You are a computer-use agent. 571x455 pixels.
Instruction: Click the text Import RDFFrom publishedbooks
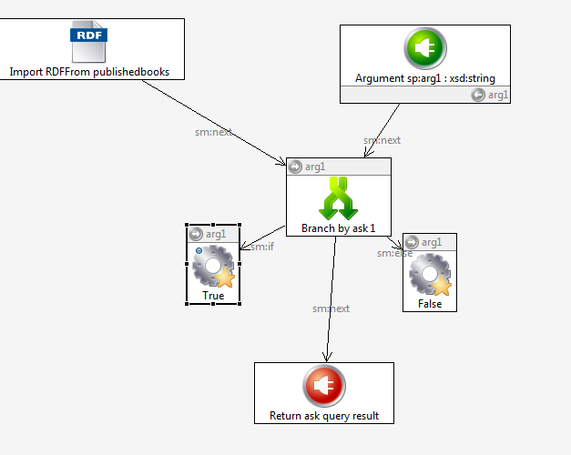click(89, 71)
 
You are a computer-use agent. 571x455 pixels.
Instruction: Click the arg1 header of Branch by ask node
click(314, 167)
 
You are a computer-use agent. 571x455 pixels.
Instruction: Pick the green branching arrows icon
click(339, 197)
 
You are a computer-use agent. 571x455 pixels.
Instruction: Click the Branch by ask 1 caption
click(339, 228)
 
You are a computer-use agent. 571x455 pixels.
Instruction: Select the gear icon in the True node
click(213, 268)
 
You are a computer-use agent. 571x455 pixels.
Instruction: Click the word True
click(213, 296)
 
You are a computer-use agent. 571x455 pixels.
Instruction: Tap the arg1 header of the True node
click(215, 234)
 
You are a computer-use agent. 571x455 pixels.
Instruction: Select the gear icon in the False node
click(429, 275)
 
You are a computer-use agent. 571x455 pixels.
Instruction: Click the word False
click(430, 304)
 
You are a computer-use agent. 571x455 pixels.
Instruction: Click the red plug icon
click(323, 386)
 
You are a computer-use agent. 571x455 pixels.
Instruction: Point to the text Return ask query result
click(324, 417)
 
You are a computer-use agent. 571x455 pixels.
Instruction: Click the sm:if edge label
click(262, 247)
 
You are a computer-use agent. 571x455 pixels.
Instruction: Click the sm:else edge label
click(394, 253)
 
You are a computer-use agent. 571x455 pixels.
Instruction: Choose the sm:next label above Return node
click(331, 308)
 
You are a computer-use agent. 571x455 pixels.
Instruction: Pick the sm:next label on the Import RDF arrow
click(213, 132)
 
